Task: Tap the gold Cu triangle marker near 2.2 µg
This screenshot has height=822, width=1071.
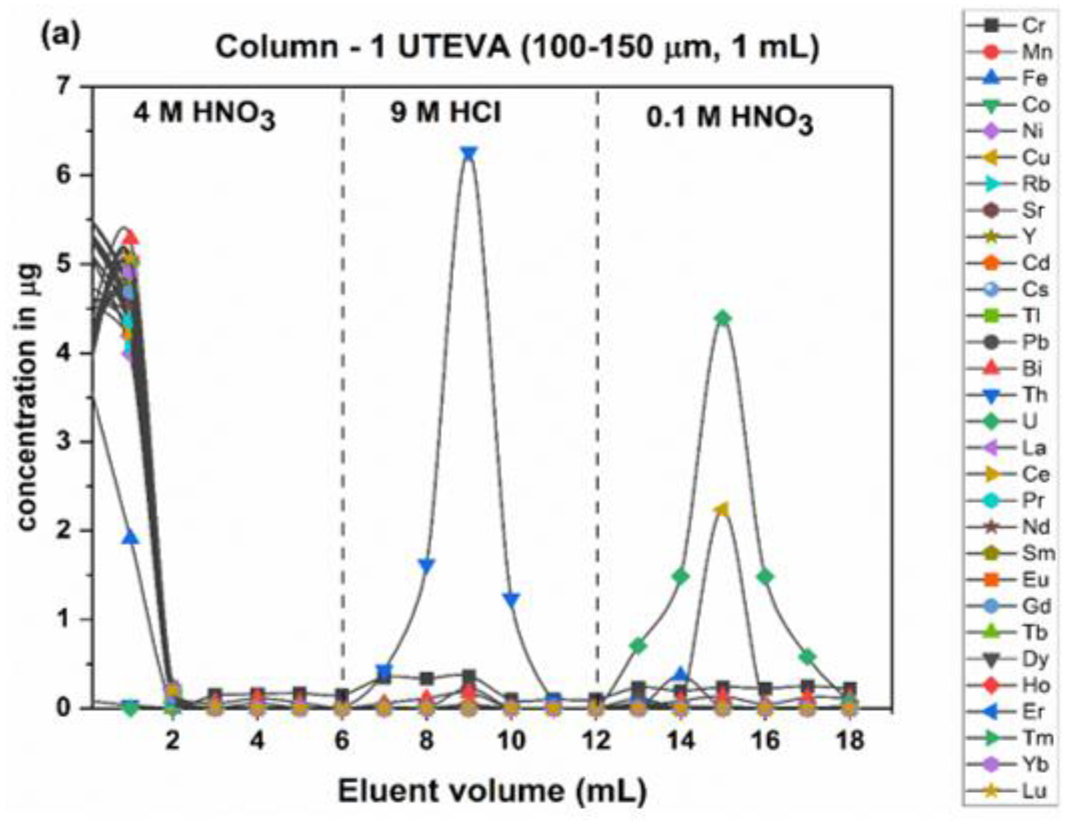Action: [722, 509]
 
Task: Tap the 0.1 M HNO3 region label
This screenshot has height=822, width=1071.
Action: [729, 120]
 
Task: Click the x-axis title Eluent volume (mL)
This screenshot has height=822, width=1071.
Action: [492, 792]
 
